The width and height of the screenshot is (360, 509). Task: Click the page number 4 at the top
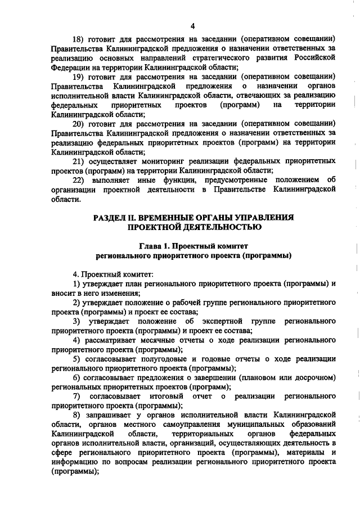192,26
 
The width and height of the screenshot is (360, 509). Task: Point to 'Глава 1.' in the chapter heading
154,246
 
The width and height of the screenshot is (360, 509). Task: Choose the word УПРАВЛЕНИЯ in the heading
266,217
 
